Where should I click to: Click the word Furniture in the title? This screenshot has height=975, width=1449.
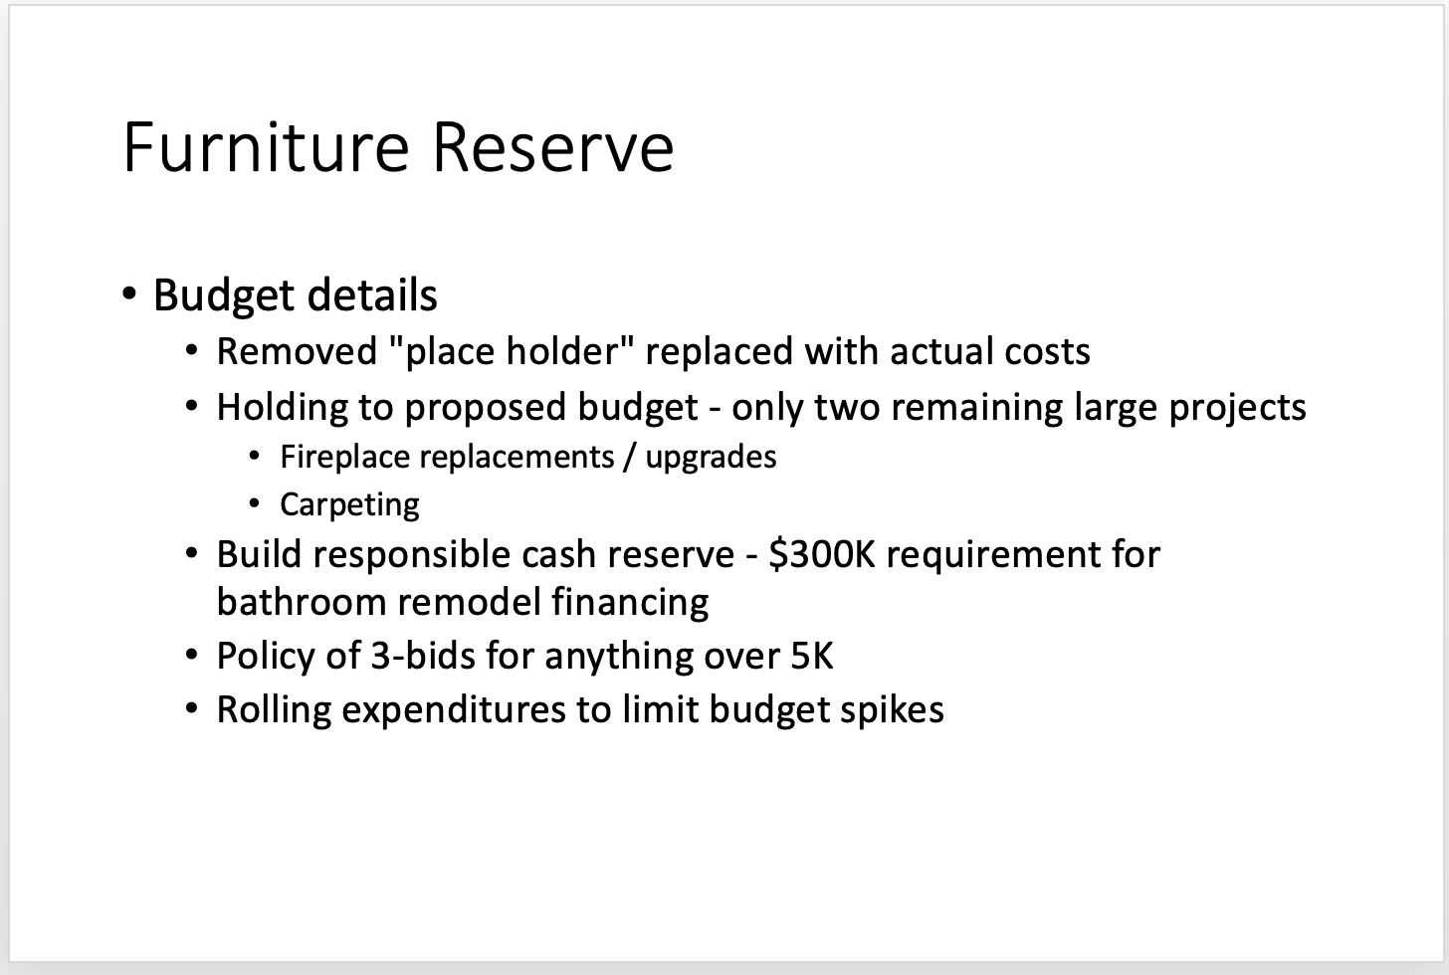[x=266, y=147]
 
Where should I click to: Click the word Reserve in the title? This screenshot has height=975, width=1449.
[x=553, y=147]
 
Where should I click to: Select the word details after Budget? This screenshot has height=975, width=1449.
[x=372, y=294]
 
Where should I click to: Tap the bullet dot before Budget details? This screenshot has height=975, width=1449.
[x=129, y=294]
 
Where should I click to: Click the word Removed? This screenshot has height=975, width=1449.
[x=297, y=351]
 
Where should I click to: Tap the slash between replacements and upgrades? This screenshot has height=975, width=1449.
[x=629, y=457]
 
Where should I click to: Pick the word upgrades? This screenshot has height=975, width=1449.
[x=711, y=458]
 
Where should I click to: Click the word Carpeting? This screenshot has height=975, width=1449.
[x=349, y=505]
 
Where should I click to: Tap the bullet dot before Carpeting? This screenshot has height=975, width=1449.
[x=254, y=503]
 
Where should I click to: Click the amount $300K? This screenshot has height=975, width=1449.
[x=822, y=554]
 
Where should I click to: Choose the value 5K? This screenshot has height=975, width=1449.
[x=812, y=656]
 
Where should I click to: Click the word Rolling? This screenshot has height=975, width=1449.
[x=275, y=710]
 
